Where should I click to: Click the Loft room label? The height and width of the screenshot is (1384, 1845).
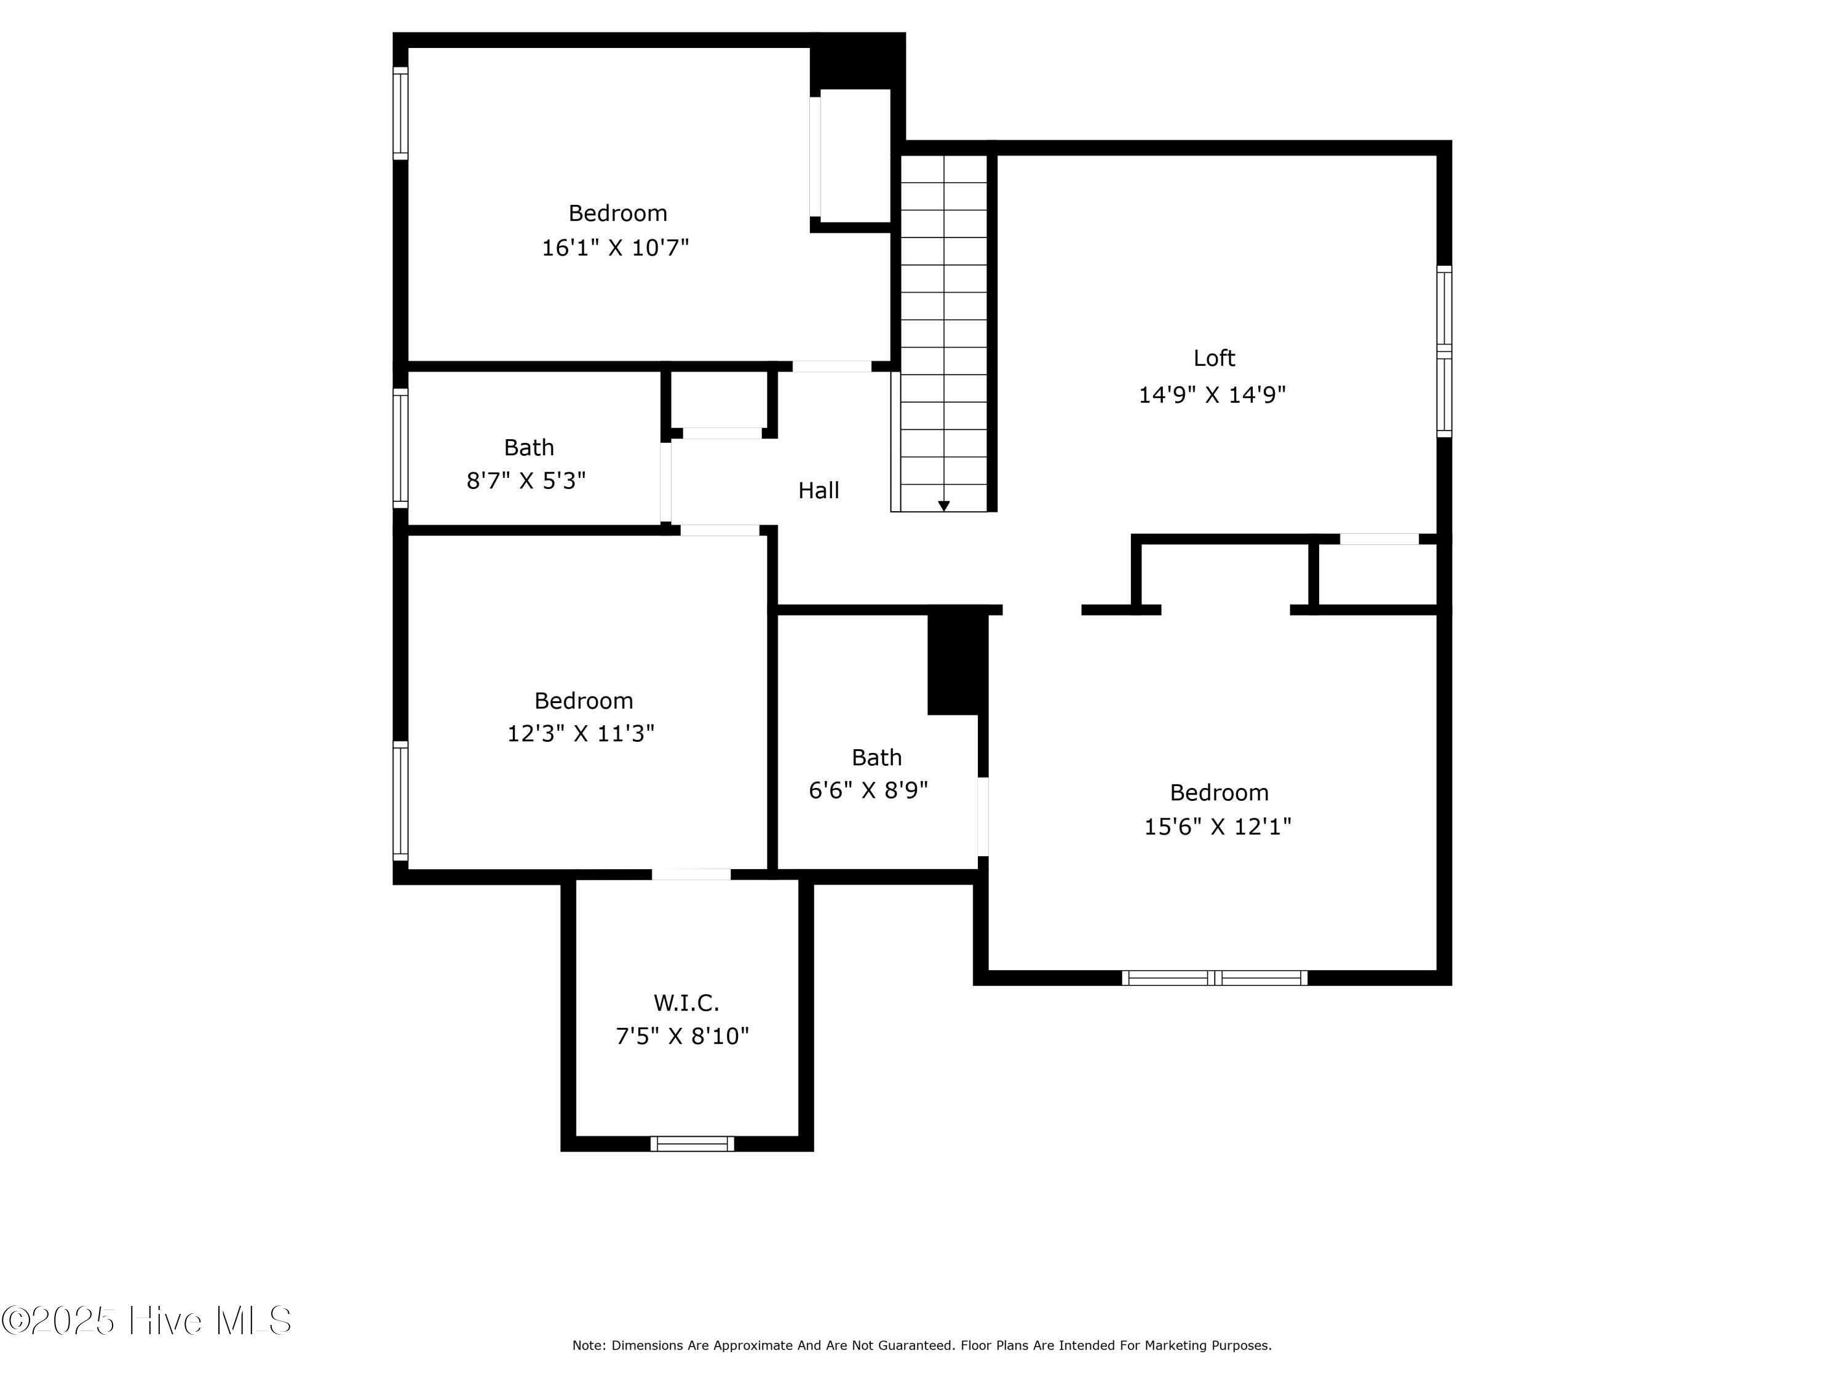[x=1213, y=358]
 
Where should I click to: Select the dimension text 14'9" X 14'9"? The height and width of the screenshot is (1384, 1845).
[x=1212, y=395]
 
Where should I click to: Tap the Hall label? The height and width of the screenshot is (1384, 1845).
[x=818, y=490]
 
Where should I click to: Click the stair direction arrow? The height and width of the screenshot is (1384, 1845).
[x=943, y=506]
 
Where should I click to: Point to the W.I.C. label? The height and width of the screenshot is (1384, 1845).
[x=686, y=1002]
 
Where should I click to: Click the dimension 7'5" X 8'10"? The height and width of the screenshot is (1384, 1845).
[x=682, y=1036]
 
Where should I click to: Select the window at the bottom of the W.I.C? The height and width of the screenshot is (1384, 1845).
[x=692, y=1143]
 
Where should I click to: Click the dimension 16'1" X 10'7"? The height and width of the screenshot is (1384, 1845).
[x=616, y=248]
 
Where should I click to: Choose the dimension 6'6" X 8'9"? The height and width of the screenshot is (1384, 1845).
[x=868, y=790]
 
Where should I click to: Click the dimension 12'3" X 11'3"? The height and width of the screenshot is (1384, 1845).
[x=581, y=733]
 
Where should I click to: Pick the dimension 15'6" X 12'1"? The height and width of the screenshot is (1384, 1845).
[x=1217, y=827]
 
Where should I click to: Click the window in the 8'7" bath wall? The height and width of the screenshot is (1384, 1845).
[x=400, y=448]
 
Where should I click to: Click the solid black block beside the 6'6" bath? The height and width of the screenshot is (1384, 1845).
[x=956, y=663]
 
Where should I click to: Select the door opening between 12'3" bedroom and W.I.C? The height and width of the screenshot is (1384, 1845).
[x=691, y=874]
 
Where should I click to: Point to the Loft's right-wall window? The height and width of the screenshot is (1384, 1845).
[x=1444, y=351]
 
